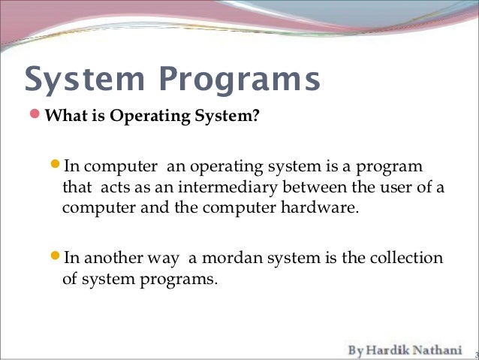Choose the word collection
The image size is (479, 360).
[406, 258]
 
